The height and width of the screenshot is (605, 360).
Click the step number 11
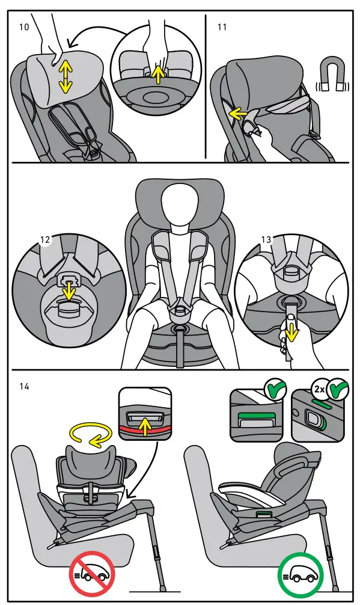pos(222,27)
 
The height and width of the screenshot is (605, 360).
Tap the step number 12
pos(45,239)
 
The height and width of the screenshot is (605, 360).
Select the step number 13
pos(267,239)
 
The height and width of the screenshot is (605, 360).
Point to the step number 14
pos(25,386)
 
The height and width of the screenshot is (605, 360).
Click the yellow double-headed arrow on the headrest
pos(66,76)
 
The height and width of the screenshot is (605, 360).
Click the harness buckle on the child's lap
pos(178,311)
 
